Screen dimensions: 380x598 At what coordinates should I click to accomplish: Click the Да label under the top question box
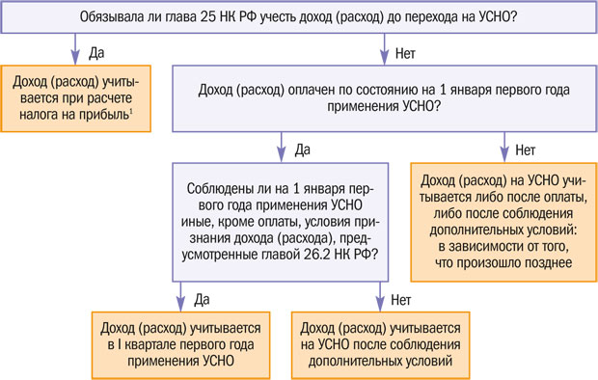[95, 50]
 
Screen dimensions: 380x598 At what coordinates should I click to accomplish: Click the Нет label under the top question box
[404, 50]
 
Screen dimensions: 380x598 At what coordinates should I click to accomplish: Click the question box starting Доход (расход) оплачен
[382, 98]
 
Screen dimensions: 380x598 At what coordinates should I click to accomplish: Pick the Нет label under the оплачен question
[526, 150]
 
